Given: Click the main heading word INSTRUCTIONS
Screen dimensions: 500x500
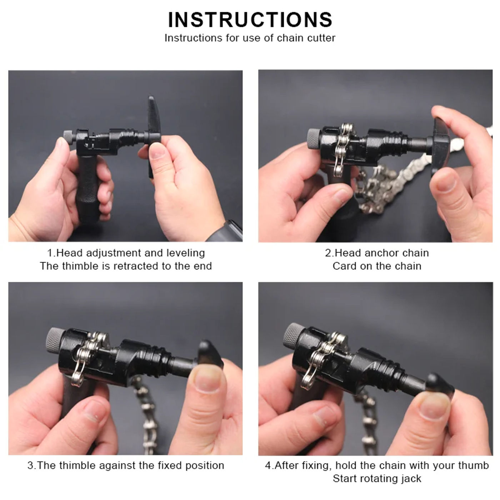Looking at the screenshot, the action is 250,20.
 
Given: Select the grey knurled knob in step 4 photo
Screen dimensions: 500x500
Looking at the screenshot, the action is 293,336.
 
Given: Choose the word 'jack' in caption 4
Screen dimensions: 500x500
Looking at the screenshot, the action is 411,479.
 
